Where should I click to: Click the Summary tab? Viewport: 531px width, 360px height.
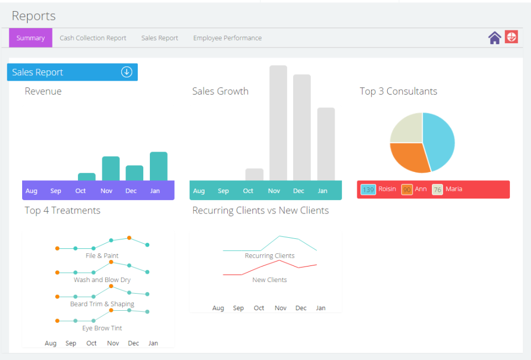click(x=30, y=38)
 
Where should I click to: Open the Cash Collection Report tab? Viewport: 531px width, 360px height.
click(x=93, y=38)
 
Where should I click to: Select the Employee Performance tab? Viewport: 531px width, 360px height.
click(x=227, y=38)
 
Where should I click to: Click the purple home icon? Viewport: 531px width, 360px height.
click(x=494, y=38)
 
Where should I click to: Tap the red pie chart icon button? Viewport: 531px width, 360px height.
click(x=512, y=37)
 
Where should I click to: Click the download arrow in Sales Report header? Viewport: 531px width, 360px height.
click(x=127, y=72)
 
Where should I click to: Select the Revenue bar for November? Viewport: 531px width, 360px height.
click(x=111, y=168)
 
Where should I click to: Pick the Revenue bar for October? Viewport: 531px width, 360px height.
click(x=86, y=176)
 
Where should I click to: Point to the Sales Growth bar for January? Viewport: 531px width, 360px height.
click(x=326, y=144)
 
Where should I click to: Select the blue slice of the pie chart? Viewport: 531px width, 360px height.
click(x=439, y=141)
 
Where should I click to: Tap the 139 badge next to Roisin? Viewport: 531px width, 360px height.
click(x=368, y=190)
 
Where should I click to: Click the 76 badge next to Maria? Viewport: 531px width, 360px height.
click(x=438, y=190)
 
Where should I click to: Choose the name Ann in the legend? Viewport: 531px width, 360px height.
click(x=421, y=189)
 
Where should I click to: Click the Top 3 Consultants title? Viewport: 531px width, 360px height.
click(x=398, y=91)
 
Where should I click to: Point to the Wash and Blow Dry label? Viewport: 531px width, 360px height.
click(x=102, y=280)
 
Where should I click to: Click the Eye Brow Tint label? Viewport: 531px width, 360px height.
click(x=102, y=328)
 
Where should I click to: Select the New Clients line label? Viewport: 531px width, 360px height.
click(x=269, y=280)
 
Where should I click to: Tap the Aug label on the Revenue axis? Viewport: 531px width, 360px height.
click(x=32, y=191)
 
